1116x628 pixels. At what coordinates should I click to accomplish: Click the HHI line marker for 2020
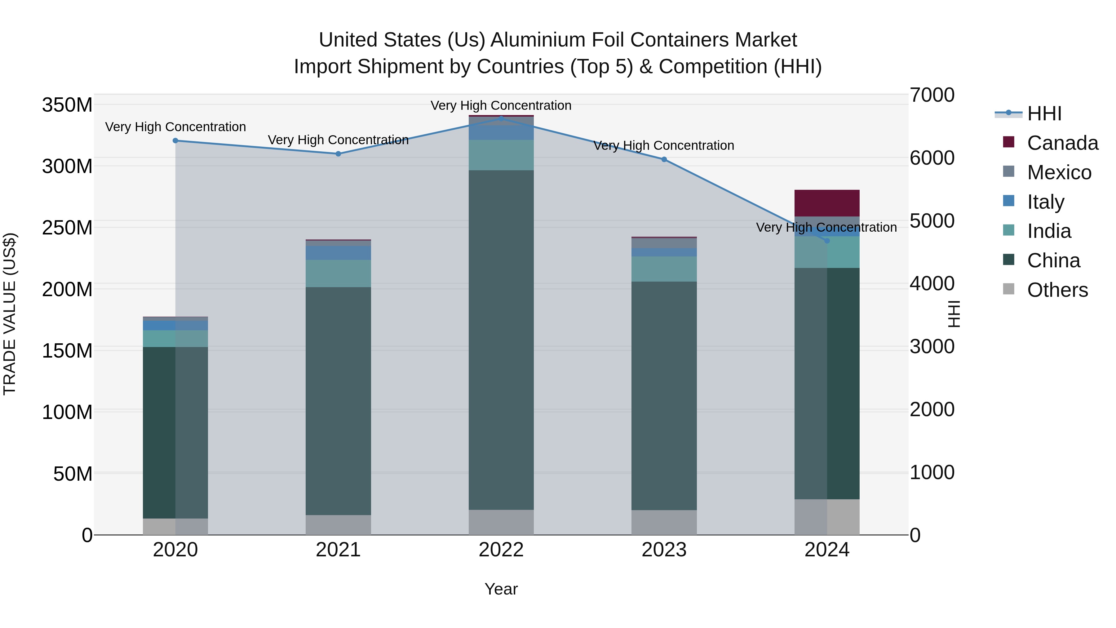(175, 140)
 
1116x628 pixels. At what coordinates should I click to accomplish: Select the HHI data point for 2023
(664, 159)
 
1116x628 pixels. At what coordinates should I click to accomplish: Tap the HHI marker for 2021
(338, 154)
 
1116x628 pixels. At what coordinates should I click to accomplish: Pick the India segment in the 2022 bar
(501, 155)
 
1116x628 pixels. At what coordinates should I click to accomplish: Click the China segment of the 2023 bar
(664, 395)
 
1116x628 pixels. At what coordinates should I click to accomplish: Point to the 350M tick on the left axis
(67, 105)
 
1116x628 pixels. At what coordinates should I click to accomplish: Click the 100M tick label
(67, 412)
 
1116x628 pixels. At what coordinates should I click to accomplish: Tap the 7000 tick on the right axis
(932, 95)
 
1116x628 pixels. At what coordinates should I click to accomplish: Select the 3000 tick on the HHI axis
(932, 346)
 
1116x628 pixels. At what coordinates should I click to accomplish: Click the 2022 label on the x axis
(501, 550)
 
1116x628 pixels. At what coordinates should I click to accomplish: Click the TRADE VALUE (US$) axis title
(10, 314)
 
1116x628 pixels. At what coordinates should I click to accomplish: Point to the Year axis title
(501, 589)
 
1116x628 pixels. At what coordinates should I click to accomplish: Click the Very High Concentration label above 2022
(501, 105)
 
